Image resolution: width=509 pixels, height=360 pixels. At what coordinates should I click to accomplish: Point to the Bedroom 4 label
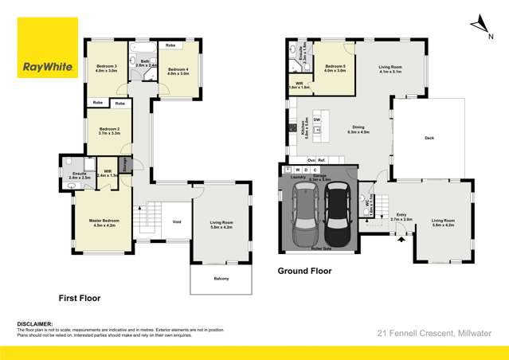(178, 69)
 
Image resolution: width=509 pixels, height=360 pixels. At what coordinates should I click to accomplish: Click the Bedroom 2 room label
(109, 131)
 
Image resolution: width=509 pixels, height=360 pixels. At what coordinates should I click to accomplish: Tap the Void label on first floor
(177, 222)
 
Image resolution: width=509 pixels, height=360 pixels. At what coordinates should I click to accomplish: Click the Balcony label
(221, 278)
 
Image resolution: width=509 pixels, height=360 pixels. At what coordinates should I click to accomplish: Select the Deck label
(429, 138)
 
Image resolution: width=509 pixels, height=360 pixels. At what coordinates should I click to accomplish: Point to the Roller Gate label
(320, 248)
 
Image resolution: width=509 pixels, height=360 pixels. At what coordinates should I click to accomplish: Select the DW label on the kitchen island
(317, 120)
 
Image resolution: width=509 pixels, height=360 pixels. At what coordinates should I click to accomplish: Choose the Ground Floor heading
(303, 271)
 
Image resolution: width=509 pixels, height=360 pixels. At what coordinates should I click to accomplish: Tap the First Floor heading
(80, 298)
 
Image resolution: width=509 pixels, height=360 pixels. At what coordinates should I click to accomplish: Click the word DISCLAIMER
(35, 324)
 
